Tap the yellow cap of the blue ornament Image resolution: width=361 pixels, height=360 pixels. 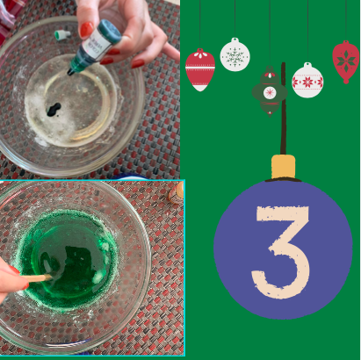[283, 167]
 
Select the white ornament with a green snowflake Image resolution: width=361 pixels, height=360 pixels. [235, 54]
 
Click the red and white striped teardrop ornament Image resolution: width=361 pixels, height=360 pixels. [200, 70]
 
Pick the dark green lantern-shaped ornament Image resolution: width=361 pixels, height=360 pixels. [270, 91]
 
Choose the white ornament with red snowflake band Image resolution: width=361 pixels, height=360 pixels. [307, 80]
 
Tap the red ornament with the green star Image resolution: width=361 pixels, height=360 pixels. [346, 61]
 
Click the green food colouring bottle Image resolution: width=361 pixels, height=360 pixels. [95, 47]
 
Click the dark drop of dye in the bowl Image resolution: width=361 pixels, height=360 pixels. [54, 109]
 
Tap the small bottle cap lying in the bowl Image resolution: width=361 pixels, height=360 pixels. [62, 35]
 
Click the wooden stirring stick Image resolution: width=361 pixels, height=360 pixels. [39, 277]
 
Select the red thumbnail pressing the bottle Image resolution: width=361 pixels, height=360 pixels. [87, 30]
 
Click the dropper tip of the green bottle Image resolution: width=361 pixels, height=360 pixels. [70, 72]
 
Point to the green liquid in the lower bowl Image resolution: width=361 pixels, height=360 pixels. [68, 260]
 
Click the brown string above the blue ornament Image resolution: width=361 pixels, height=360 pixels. [283, 108]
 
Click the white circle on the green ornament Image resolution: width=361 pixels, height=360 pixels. [270, 93]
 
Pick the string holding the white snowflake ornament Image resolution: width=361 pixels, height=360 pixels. [235, 19]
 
